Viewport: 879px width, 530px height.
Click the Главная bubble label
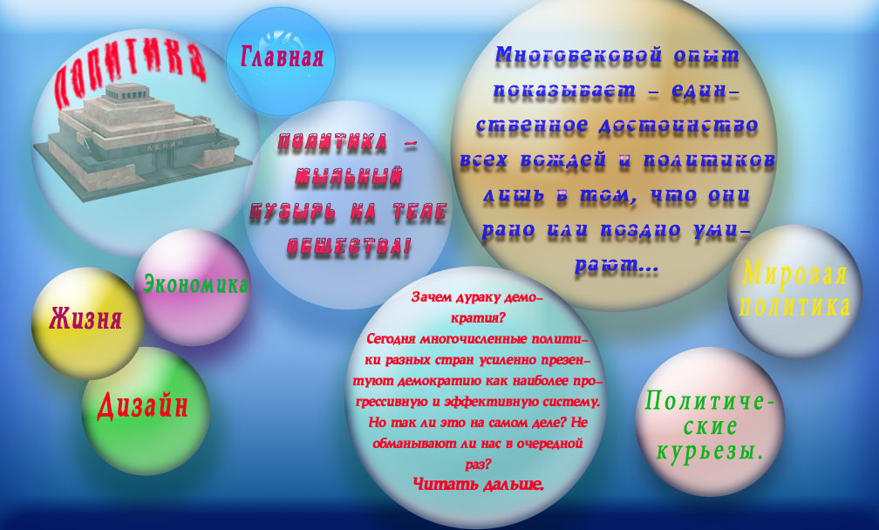coord(282,57)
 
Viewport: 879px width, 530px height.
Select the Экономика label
coord(195,284)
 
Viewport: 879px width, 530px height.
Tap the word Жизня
coord(85,319)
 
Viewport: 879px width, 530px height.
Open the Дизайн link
coord(142,405)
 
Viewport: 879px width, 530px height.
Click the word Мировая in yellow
coord(795,274)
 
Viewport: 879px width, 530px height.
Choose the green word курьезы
coord(710,451)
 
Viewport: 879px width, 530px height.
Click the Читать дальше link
coord(478,484)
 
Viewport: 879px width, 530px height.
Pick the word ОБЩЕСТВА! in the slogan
coord(348,247)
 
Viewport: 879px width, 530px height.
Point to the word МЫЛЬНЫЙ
coord(348,176)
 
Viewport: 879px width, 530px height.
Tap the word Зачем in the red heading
coord(428,297)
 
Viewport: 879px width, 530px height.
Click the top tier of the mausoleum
coord(129,92)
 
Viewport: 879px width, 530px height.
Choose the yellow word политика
coord(795,306)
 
